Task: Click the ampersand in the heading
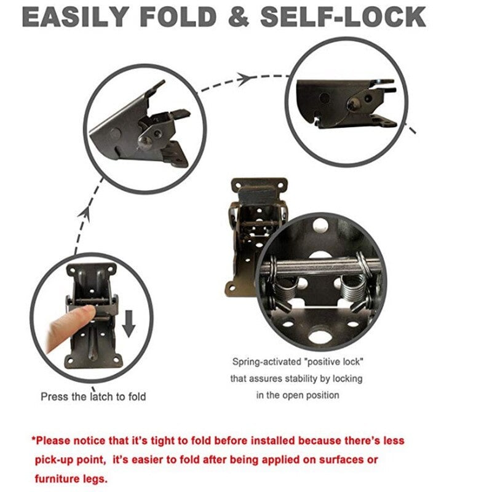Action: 240,17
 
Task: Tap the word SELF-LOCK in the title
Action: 343,17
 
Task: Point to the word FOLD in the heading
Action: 185,17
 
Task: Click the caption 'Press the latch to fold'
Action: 93,397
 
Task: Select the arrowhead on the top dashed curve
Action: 245,78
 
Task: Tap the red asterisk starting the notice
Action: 34,441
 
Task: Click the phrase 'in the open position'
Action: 298,395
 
